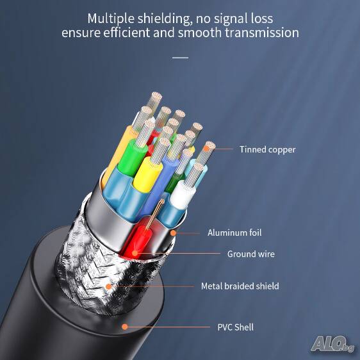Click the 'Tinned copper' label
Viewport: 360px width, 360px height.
pyautogui.click(x=268, y=150)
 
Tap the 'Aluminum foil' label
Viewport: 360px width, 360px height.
pyautogui.click(x=234, y=233)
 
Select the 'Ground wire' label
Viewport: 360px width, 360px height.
pyautogui.click(x=251, y=254)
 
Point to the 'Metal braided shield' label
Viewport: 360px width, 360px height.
pyautogui.click(x=240, y=286)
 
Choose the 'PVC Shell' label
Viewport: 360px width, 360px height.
pyautogui.click(x=236, y=327)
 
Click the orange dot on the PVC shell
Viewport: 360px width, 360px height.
pyautogui.click(x=125, y=327)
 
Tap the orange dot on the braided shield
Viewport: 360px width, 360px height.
pyautogui.click(x=109, y=286)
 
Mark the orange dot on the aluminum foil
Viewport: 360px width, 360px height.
pyautogui.click(x=174, y=233)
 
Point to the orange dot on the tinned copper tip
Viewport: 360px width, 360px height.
pyautogui.click(x=206, y=149)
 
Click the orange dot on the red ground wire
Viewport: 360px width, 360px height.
pyautogui.click(x=135, y=253)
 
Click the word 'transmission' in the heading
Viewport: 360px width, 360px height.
pyautogui.click(x=262, y=33)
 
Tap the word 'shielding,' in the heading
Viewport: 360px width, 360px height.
pyautogui.click(x=165, y=19)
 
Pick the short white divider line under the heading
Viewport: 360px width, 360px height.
pyautogui.click(x=180, y=58)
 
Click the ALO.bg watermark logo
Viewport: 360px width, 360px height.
pyautogui.click(x=332, y=344)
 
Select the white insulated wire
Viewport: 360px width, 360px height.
pyautogui.click(x=182, y=194)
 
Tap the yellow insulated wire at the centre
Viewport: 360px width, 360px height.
pyautogui.click(x=147, y=174)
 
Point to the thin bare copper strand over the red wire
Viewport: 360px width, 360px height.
pyautogui.click(x=154, y=214)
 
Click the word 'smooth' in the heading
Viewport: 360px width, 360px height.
pyautogui.click(x=199, y=33)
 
